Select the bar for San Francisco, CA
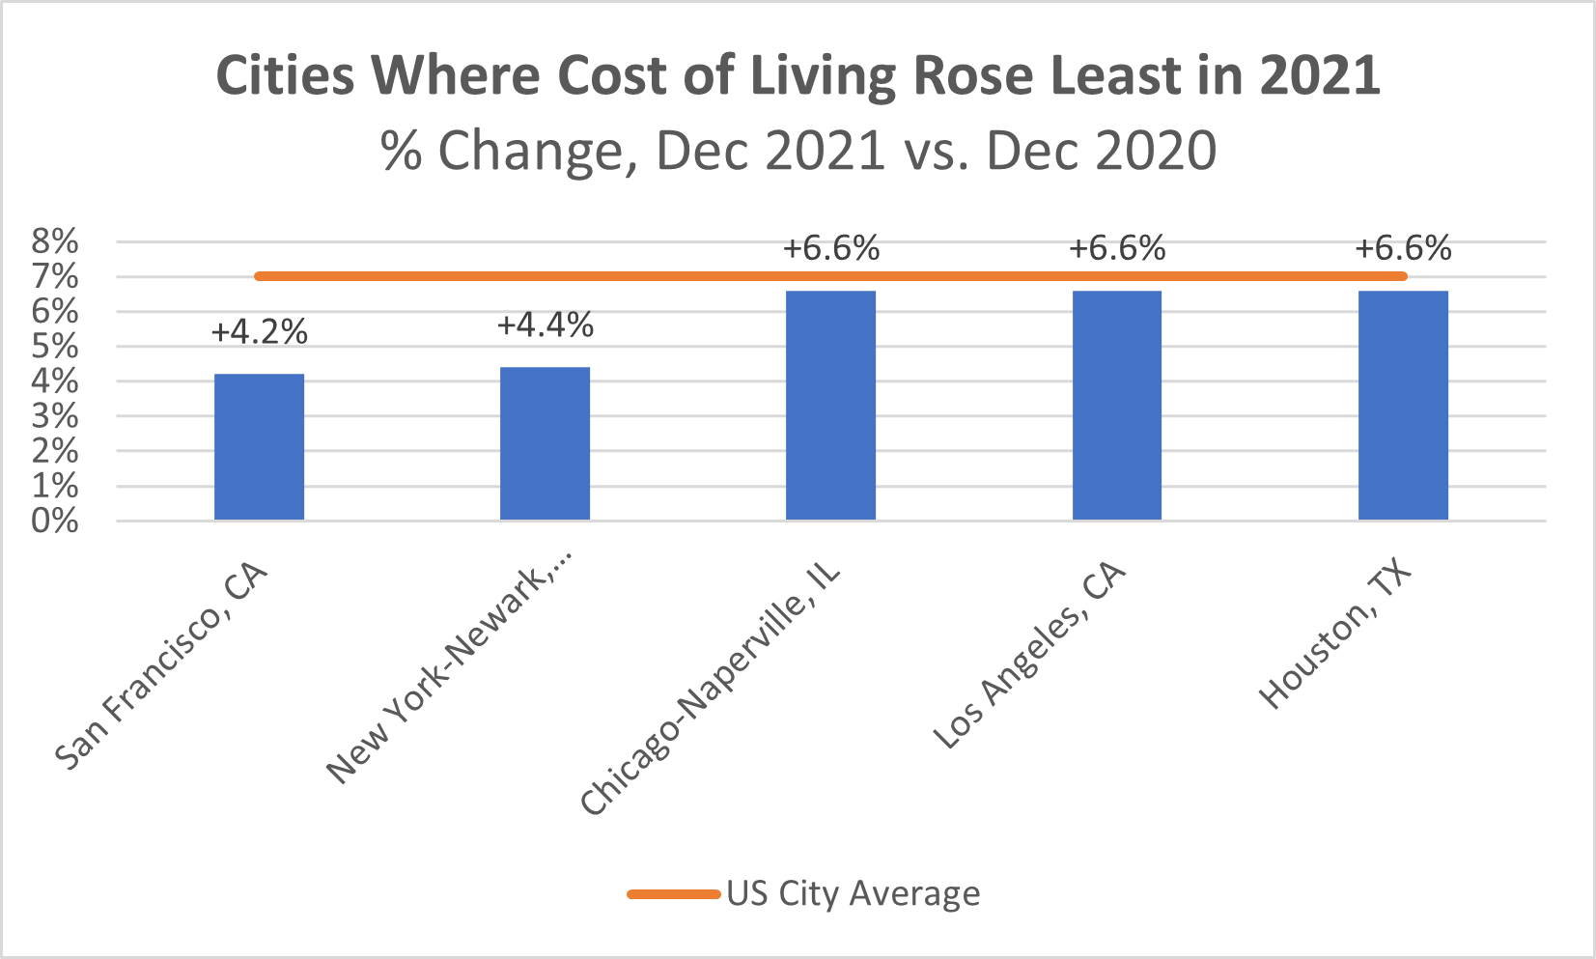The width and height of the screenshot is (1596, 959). click(260, 447)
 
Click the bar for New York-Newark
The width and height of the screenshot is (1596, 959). click(546, 443)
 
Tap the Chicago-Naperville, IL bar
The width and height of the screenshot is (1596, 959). click(830, 406)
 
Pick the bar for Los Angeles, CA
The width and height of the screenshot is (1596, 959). click(1117, 406)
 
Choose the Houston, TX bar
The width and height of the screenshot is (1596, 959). click(1404, 406)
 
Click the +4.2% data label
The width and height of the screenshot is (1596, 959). click(260, 332)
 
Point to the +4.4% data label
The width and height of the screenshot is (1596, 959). click(546, 324)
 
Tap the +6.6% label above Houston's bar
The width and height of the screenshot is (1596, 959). click(1404, 248)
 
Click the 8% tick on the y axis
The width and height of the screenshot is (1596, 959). click(55, 242)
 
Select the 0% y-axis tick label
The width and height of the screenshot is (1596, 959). click(55, 521)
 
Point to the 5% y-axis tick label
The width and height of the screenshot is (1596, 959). click(55, 347)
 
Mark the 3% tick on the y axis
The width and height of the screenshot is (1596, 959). click(55, 416)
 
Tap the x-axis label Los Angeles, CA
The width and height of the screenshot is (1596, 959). click(1030, 655)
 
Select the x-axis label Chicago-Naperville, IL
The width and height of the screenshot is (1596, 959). click(711, 689)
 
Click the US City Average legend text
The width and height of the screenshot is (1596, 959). click(854, 893)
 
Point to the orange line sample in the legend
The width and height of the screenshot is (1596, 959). click(674, 894)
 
